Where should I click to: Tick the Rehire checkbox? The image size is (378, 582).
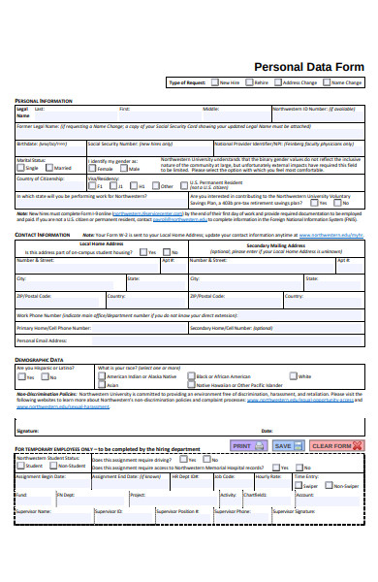click(249, 83)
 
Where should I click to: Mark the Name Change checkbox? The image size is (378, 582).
click(326, 83)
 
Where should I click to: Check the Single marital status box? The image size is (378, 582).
click(20, 168)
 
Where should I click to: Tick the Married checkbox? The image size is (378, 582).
click(49, 168)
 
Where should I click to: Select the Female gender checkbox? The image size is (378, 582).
click(93, 168)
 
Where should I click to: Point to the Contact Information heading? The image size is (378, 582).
click(43, 235)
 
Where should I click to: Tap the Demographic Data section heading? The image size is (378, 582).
click(43, 360)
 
